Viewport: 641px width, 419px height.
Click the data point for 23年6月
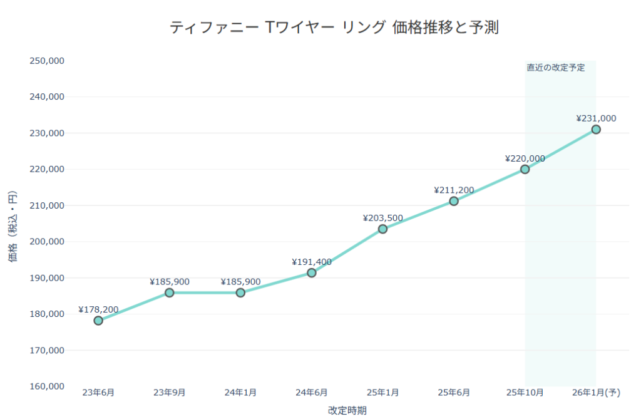point(98,321)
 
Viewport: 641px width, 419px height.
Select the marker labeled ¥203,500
point(382,229)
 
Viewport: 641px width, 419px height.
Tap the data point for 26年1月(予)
point(596,130)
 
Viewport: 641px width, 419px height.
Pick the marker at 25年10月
point(525,169)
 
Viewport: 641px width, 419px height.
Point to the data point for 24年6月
point(312,272)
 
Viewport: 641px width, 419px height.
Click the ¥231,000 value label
point(596,118)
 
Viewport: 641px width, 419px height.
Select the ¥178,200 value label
point(98,309)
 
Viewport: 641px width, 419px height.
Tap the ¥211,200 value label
point(454,190)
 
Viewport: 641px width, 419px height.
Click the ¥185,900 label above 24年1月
point(240,282)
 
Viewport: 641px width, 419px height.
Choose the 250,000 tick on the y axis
point(47,61)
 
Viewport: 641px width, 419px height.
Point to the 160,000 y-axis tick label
point(47,386)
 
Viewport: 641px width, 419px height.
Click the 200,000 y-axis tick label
point(47,242)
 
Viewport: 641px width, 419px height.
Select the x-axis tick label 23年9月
point(170,393)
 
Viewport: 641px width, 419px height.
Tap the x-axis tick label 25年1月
point(382,393)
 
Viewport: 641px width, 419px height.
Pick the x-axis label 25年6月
point(454,393)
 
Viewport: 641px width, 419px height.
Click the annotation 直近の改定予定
point(556,68)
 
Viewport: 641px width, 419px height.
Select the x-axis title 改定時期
point(347,411)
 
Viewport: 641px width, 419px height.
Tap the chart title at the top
point(334,28)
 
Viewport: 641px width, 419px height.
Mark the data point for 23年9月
point(170,292)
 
